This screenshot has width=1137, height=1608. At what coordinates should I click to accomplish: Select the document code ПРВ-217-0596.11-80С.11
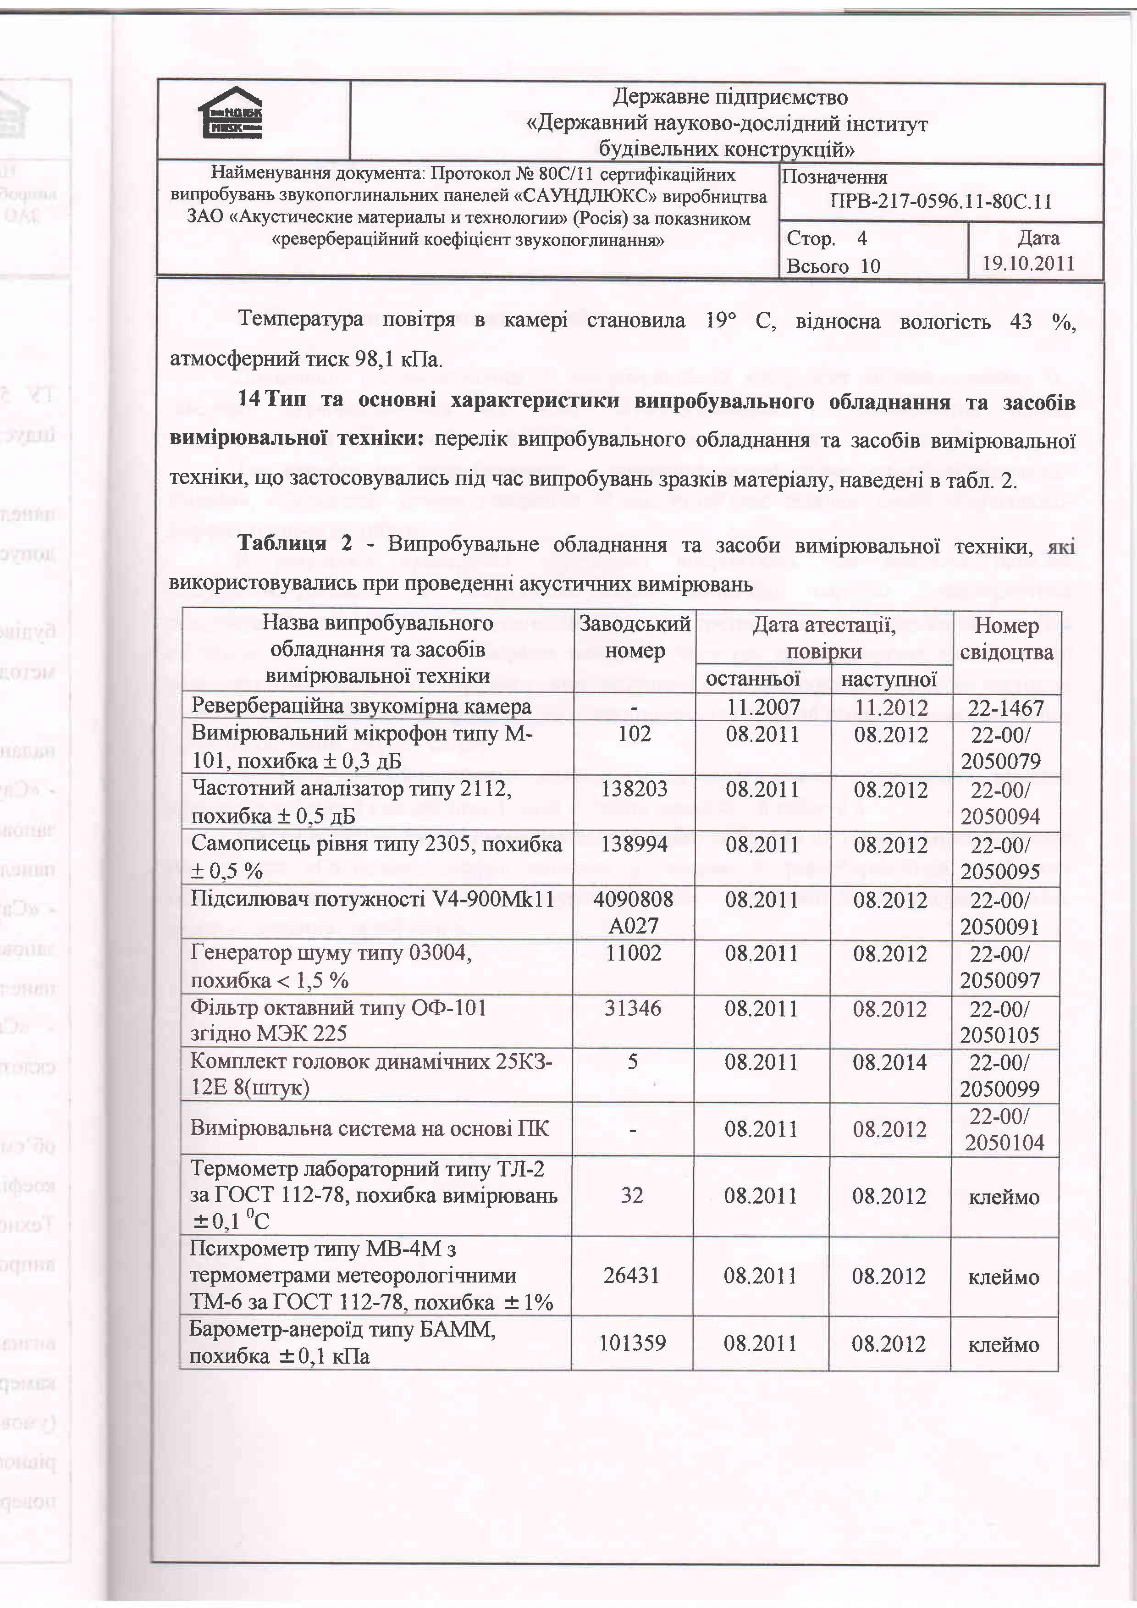click(x=940, y=202)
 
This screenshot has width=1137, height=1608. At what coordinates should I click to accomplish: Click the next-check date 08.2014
click(x=889, y=1062)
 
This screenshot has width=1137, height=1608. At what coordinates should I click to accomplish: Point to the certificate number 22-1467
click(x=1005, y=708)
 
